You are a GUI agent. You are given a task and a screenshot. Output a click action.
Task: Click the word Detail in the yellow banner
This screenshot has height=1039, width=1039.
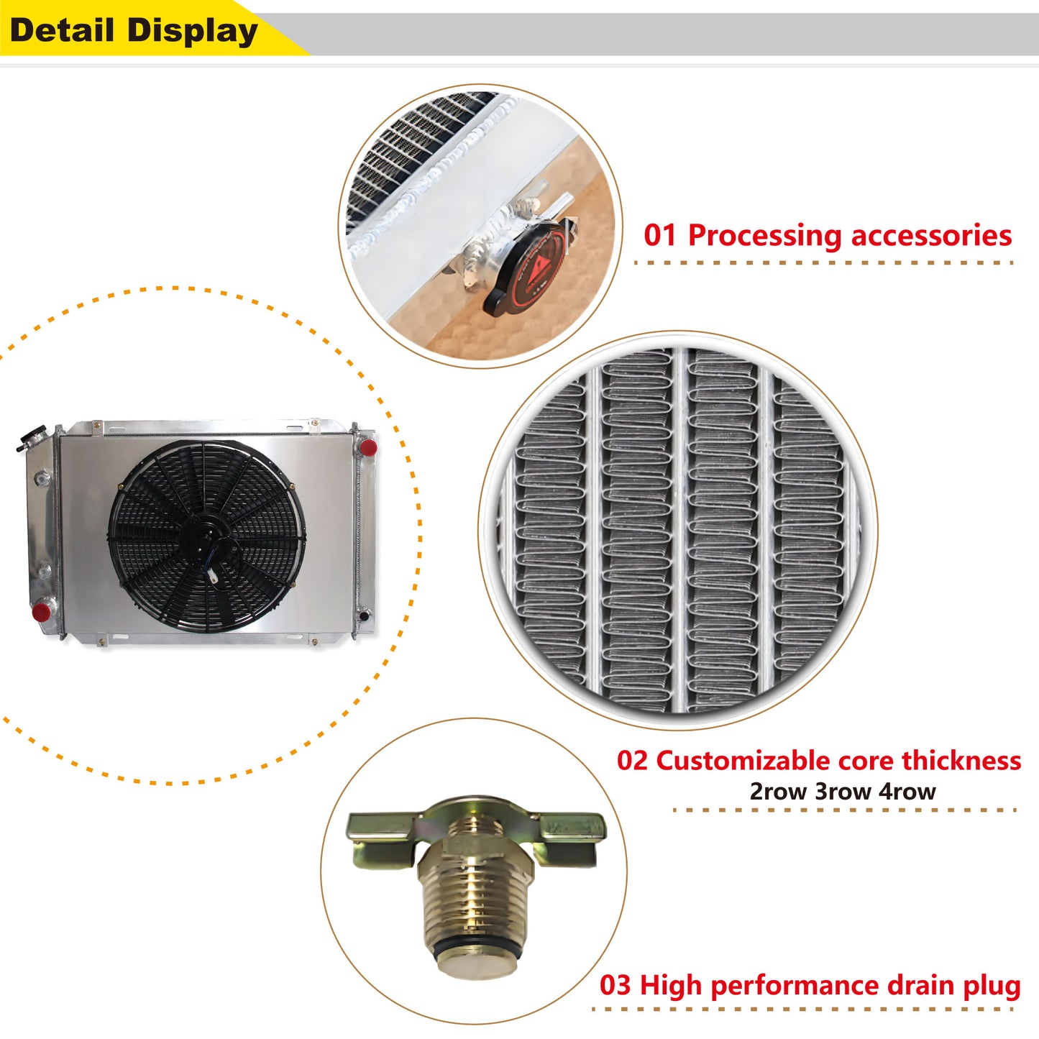pyautogui.click(x=62, y=30)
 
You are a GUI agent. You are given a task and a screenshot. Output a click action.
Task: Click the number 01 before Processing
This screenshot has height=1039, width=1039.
pyautogui.click(x=659, y=236)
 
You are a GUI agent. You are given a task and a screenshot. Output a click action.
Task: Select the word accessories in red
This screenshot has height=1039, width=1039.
pyautogui.click(x=931, y=237)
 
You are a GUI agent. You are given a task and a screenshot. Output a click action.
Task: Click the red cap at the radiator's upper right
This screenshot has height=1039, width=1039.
pyautogui.click(x=368, y=447)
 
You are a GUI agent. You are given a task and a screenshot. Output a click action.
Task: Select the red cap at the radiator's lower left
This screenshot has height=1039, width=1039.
pyautogui.click(x=41, y=613)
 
